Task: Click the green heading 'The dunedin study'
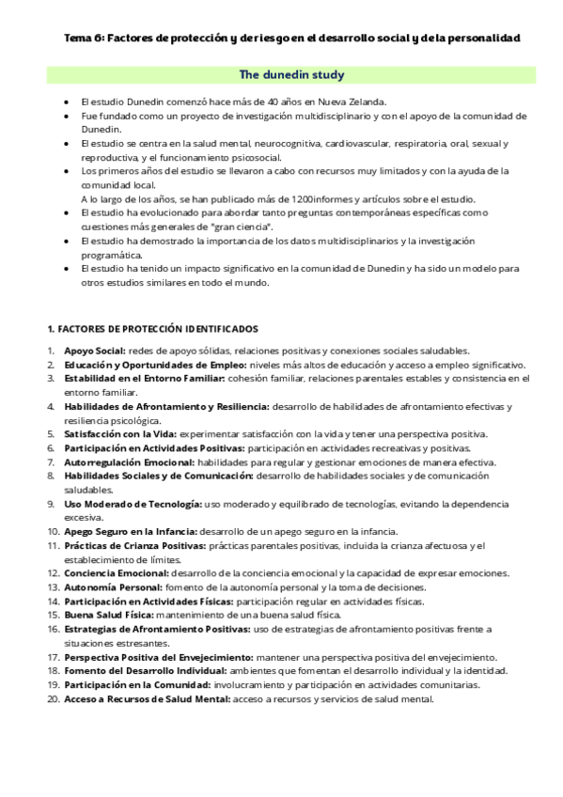[291, 74]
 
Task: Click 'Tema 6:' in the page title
[83, 39]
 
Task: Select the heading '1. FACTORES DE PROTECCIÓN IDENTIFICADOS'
[152, 329]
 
